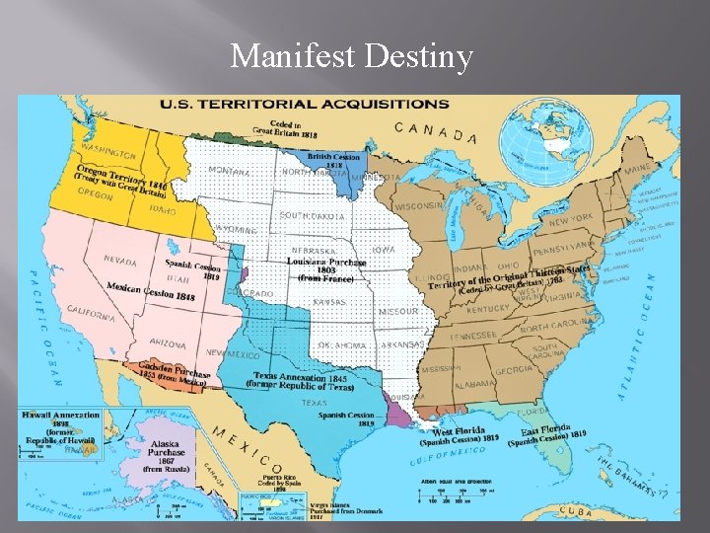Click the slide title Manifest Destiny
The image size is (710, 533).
351,56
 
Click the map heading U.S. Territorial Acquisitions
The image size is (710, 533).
305,103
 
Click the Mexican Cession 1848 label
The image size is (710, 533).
151,290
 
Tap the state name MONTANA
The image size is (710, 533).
229,171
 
